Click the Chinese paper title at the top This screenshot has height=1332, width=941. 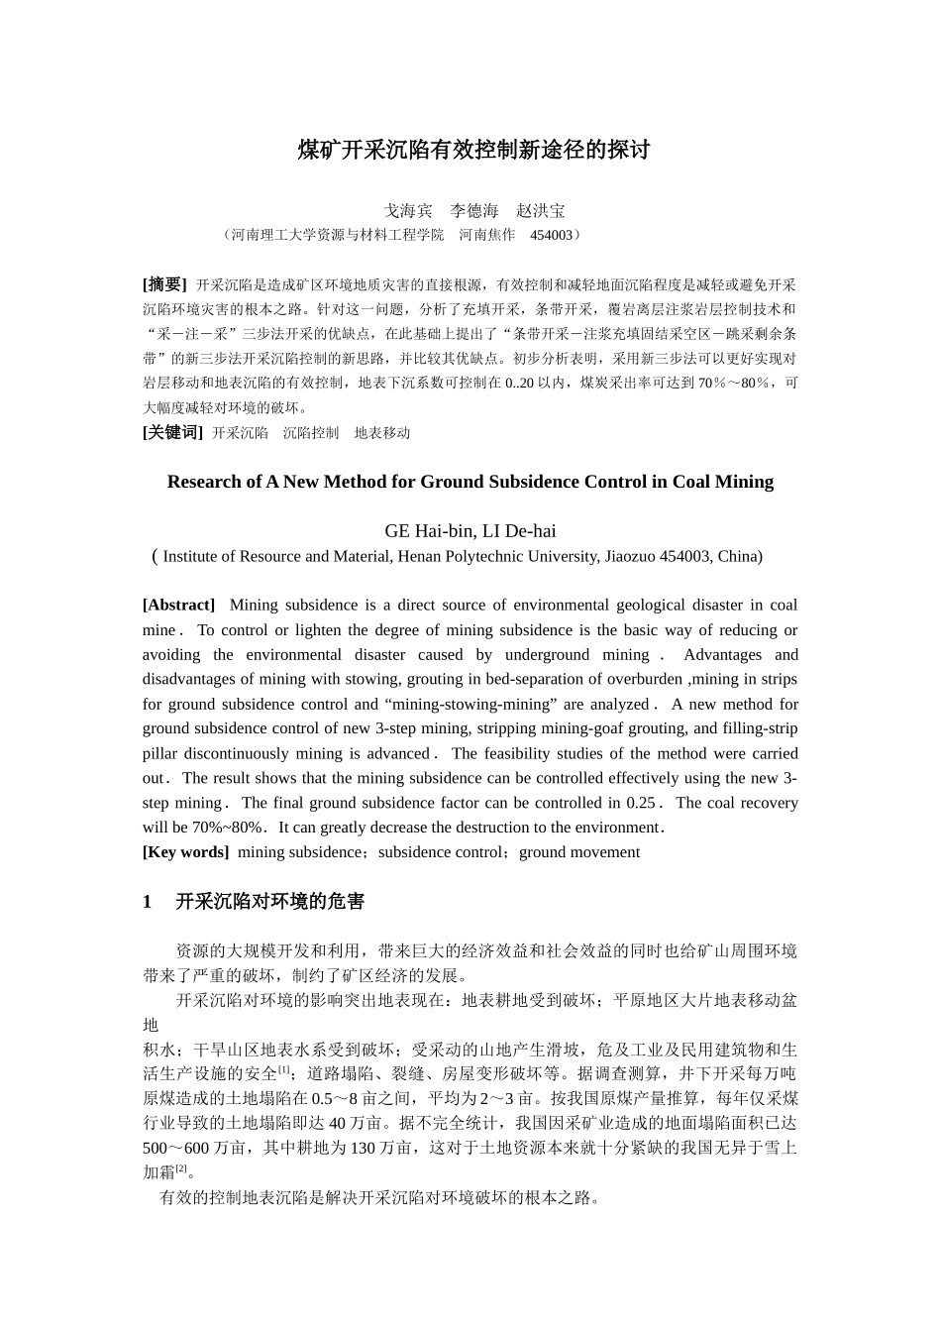tap(473, 151)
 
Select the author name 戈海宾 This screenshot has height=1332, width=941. tap(408, 211)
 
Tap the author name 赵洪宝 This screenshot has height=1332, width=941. tap(541, 211)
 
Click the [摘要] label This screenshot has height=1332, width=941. tap(164, 284)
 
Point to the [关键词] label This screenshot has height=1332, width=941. tap(172, 432)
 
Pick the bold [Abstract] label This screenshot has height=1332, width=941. tap(178, 605)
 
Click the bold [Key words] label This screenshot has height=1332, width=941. tap(185, 852)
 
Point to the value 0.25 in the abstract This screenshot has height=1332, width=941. tap(640, 803)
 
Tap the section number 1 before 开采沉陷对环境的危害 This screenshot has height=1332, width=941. tap(148, 902)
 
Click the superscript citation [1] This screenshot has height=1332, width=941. tap(283, 1070)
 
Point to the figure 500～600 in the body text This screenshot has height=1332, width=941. tap(175, 1148)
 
